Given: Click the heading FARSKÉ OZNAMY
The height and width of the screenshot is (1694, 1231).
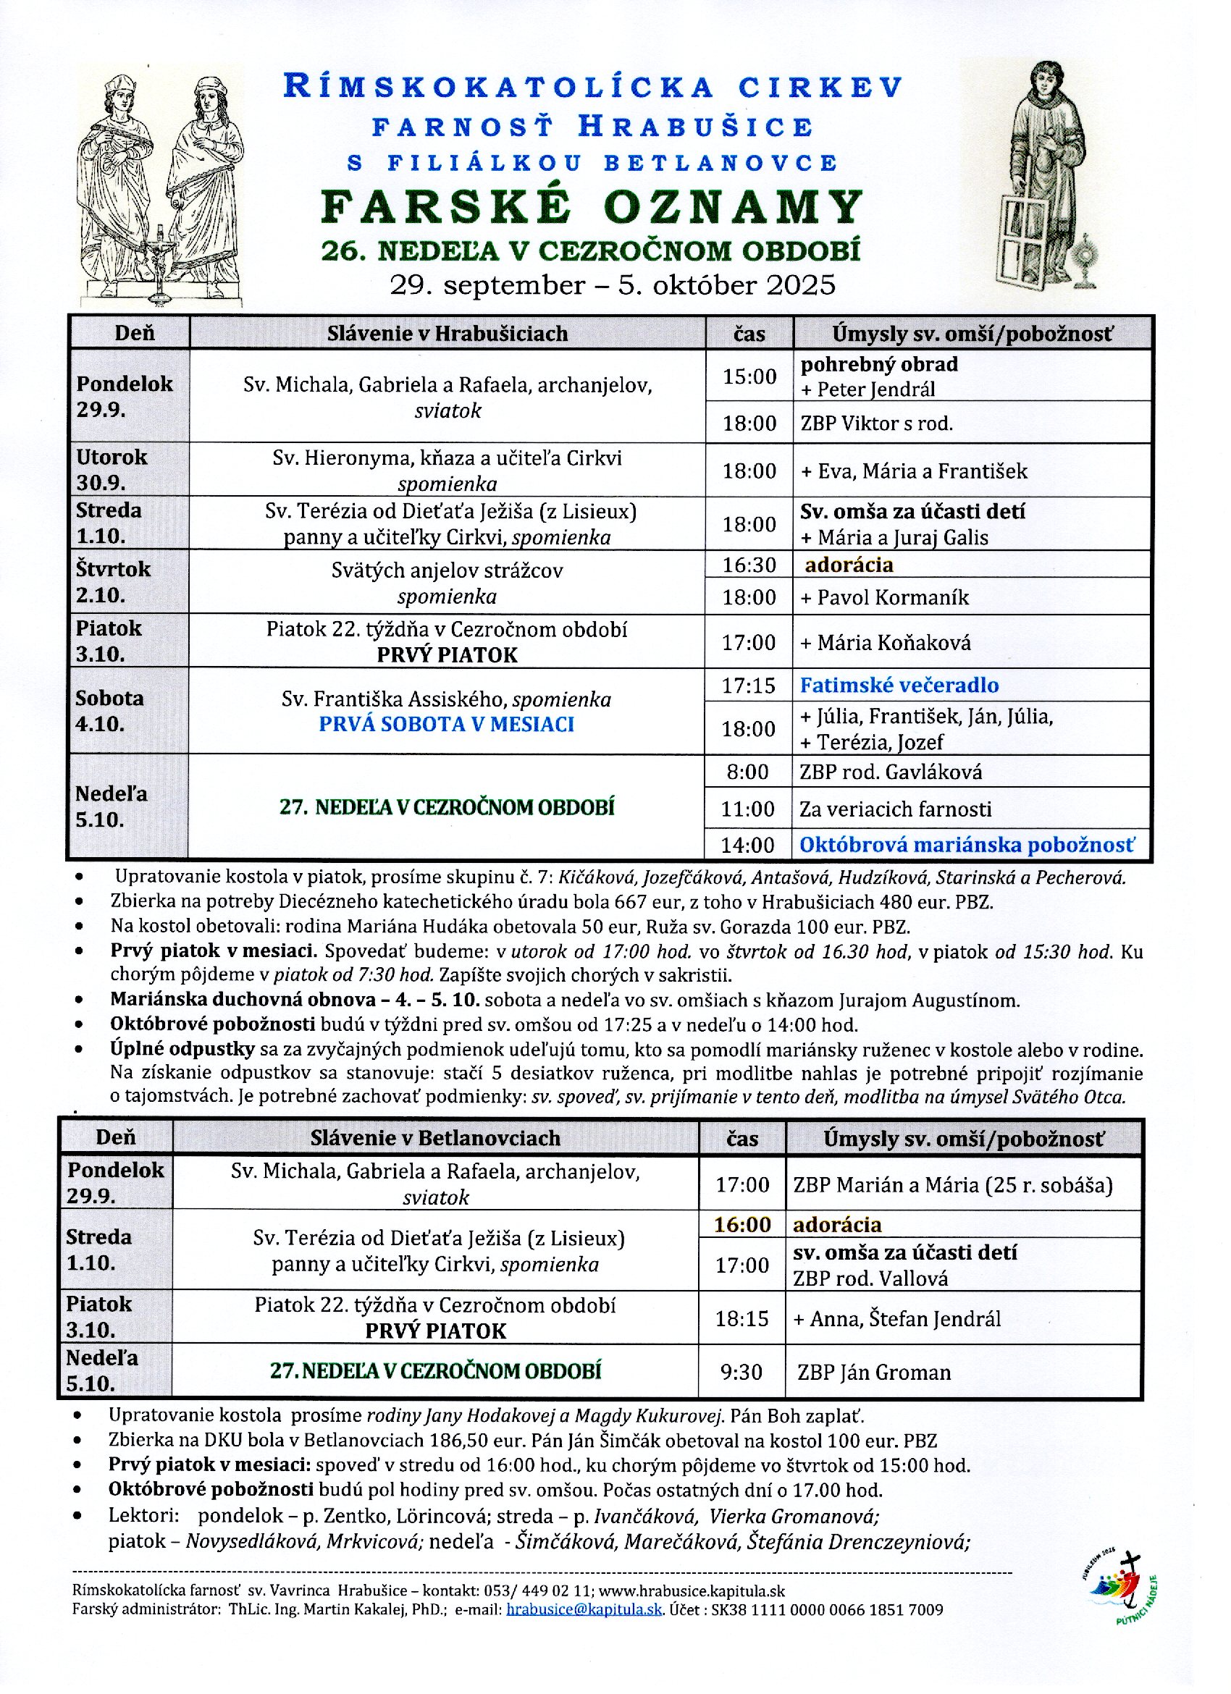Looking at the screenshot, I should coord(592,206).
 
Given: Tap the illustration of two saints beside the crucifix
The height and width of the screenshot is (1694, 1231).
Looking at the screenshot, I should coord(160,187).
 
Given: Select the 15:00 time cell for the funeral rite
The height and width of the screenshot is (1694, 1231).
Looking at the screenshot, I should coord(749,376).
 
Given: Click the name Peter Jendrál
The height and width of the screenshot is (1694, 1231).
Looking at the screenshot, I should coord(875,389).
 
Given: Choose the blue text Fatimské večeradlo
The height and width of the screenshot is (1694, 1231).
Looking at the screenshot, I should coord(899,685).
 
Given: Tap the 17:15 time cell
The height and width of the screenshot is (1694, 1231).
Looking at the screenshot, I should coord(749,685).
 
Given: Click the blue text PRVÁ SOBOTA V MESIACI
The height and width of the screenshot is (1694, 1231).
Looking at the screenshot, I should coord(447,725).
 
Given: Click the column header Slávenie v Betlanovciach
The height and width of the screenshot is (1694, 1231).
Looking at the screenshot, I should coord(435,1137).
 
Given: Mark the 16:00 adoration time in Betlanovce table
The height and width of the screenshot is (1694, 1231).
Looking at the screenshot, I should coord(741,1224).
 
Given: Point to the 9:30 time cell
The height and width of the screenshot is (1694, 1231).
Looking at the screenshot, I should coord(741,1372).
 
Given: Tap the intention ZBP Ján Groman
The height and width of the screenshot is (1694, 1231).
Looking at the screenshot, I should coord(874,1373).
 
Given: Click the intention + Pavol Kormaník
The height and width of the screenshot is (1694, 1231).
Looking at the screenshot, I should coord(885,597).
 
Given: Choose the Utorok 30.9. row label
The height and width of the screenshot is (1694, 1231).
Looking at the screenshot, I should coord(112,469).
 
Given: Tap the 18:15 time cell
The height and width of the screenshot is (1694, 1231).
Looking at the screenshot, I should coord(741,1318).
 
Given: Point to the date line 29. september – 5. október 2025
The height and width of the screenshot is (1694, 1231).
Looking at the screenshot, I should coord(612,285).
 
